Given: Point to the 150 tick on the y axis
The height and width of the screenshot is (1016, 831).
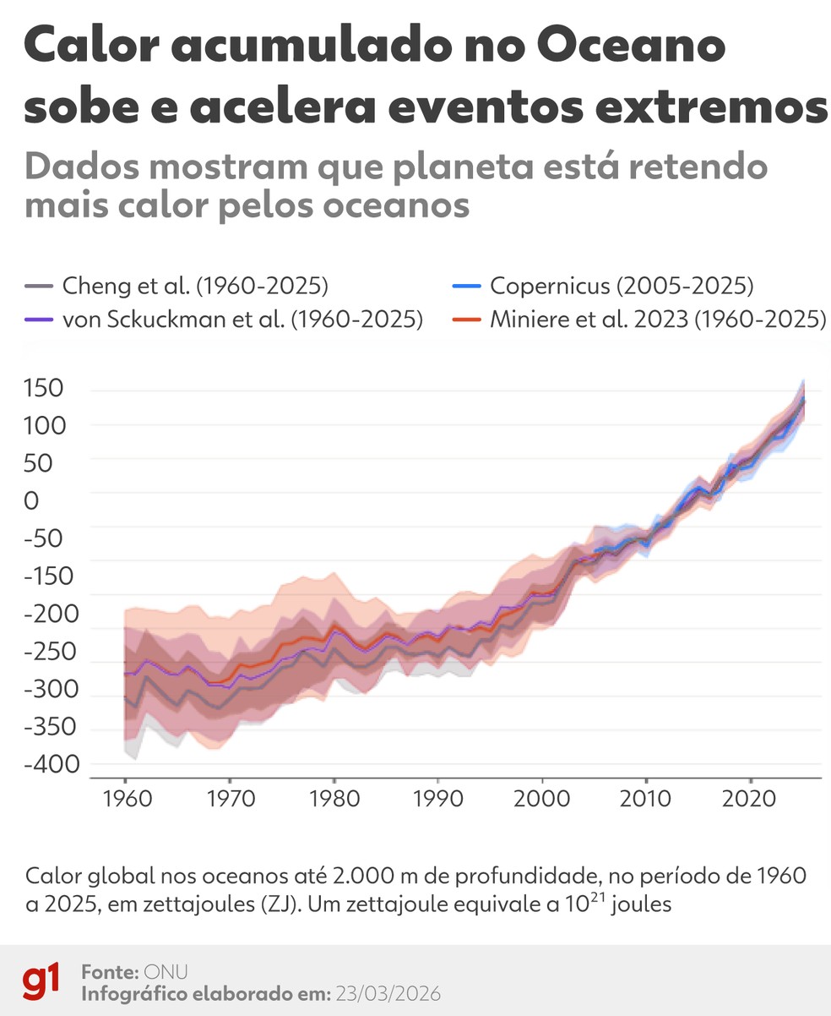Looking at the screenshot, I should tap(45, 389).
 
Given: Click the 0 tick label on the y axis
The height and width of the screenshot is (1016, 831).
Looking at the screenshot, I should tap(32, 501).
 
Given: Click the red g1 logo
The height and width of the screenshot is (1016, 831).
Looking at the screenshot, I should tap(41, 981).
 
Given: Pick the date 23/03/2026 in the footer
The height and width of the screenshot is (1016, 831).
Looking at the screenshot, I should tap(388, 993).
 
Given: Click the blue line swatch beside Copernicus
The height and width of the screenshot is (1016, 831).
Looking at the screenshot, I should tap(467, 287).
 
